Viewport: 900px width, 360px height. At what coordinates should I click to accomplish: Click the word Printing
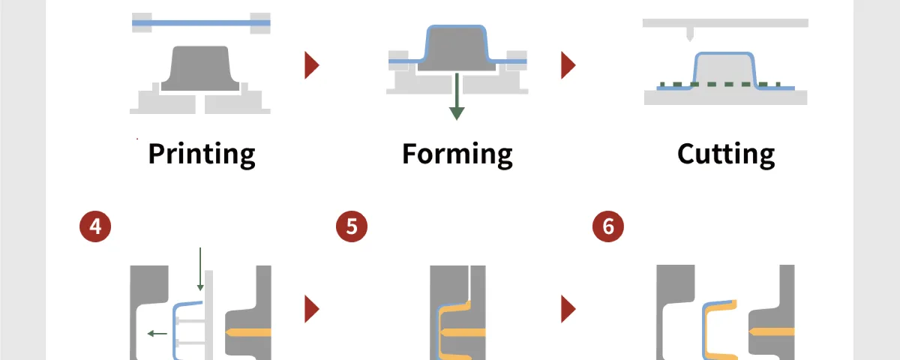[x=202, y=154]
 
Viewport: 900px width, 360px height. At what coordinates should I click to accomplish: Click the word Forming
[x=457, y=154]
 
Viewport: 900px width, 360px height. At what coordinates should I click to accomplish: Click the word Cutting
[x=726, y=154]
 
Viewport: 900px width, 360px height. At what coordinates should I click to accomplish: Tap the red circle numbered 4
[x=95, y=226]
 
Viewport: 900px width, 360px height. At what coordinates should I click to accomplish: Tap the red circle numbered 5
[x=352, y=226]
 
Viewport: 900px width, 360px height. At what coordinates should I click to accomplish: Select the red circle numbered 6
[x=608, y=226]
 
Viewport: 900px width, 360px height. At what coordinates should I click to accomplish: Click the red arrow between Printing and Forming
[x=311, y=65]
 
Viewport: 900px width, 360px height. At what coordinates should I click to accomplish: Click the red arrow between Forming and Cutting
[x=568, y=65]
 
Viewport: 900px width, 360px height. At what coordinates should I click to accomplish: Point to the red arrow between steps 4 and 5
[x=311, y=309]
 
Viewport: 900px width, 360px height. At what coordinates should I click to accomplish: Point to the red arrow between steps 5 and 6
[x=568, y=309]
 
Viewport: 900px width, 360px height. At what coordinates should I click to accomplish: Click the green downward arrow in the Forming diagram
[x=457, y=97]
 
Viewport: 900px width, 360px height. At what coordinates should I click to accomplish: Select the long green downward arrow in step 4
[x=200, y=269]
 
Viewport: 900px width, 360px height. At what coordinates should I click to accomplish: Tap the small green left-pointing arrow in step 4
[x=157, y=334]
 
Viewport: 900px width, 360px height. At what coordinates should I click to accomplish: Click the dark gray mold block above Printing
[x=200, y=68]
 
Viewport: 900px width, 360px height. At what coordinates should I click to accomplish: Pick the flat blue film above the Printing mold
[x=201, y=23]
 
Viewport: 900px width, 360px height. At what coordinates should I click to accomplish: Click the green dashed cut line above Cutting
[x=720, y=84]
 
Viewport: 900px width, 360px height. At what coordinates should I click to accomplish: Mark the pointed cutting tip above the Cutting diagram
[x=689, y=39]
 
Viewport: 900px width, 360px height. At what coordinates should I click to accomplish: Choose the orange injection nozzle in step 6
[x=772, y=332]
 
